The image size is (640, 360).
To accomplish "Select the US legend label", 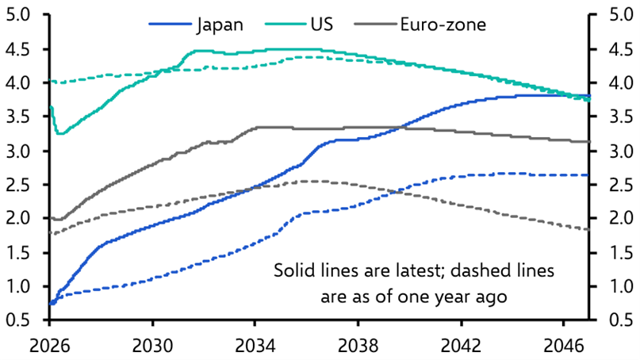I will tap(321, 24).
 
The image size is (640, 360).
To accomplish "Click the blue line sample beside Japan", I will tap(170, 25).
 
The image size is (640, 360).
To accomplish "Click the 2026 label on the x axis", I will tap(49, 346).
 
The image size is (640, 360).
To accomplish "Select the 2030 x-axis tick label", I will tap(151, 346).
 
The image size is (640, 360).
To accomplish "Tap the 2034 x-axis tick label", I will tap(255, 346).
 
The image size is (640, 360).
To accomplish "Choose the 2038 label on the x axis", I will tap(358, 346).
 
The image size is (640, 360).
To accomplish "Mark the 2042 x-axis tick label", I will tap(461, 346).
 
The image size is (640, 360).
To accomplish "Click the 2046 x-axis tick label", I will tap(563, 346).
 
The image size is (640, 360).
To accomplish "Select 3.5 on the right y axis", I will tap(618, 117).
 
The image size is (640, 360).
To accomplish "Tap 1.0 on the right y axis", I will tap(618, 286).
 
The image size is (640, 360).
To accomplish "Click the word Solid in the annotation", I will tap(293, 270).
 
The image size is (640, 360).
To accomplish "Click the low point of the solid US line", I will tap(59, 133).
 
